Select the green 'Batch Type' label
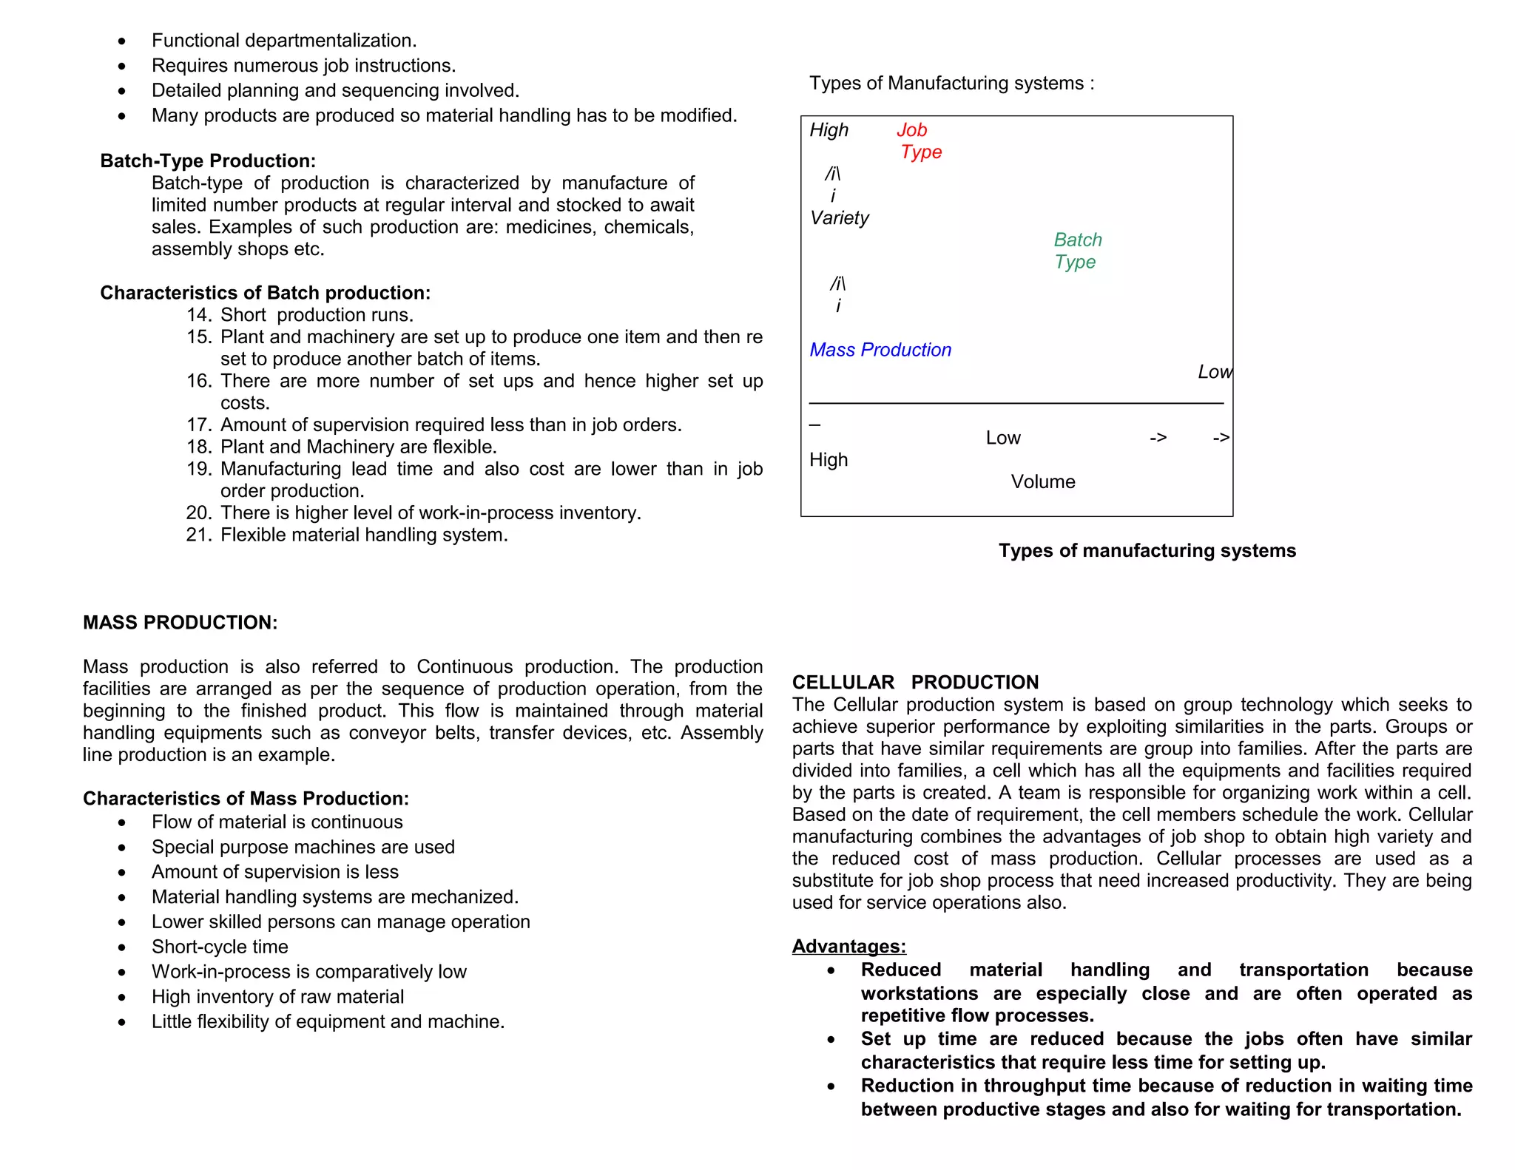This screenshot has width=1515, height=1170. pyautogui.click(x=1077, y=251)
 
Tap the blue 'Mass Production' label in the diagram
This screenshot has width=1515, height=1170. pyautogui.click(x=880, y=350)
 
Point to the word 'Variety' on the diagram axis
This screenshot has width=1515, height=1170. pyautogui.click(x=839, y=218)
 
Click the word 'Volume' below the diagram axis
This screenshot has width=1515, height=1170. pyautogui.click(x=1042, y=481)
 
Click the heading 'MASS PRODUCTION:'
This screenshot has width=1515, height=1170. pyautogui.click(x=180, y=623)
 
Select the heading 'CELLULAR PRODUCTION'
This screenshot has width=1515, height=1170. pyautogui.click(x=915, y=682)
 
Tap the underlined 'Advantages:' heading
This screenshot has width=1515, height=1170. pyautogui.click(x=848, y=946)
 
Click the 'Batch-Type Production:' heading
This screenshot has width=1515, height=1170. pyautogui.click(x=208, y=161)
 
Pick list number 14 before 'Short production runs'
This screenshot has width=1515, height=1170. pyautogui.click(x=198, y=315)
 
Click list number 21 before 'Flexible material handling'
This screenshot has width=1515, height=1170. pyautogui.click(x=198, y=535)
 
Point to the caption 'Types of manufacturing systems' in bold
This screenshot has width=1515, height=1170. pyautogui.click(x=1147, y=550)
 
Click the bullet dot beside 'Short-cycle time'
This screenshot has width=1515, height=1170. pyautogui.click(x=122, y=947)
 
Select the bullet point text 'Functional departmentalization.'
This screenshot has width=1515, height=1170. pyautogui.click(x=284, y=41)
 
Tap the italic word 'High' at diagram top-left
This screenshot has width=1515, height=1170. pyautogui.click(x=829, y=130)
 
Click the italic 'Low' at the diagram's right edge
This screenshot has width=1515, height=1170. pyautogui.click(x=1214, y=372)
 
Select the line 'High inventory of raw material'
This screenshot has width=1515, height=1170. pyautogui.click(x=277, y=997)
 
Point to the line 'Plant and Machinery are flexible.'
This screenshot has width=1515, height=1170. pyautogui.click(x=358, y=447)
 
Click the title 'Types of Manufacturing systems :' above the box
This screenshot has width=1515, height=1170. pyautogui.click(x=951, y=83)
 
